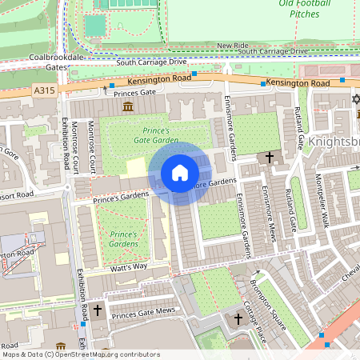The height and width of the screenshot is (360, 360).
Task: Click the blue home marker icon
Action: pos(180,173)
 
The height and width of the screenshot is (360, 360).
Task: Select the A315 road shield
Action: pos(46,92)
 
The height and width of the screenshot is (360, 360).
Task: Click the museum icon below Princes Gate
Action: pos(127,107)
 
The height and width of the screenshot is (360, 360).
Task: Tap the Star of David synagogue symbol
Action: pos(356,100)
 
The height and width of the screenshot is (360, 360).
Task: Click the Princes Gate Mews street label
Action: pos(143,311)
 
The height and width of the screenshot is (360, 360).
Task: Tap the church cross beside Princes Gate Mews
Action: pos(98,309)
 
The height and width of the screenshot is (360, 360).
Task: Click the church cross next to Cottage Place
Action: pos(238,319)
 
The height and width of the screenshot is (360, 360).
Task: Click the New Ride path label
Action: pos(233,46)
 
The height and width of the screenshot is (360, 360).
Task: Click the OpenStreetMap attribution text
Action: pos(80,354)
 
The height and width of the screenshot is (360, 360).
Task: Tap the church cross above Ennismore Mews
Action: pos(270,158)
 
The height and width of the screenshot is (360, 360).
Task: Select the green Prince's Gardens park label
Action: pos(124,238)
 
